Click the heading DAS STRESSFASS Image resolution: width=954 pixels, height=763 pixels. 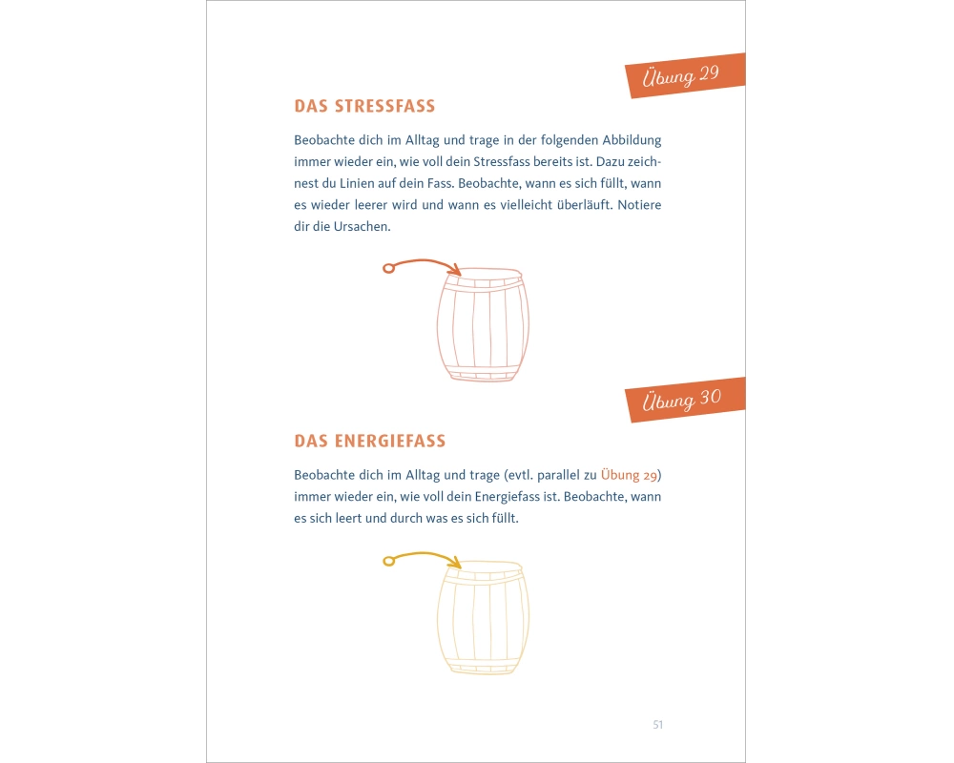[364, 106]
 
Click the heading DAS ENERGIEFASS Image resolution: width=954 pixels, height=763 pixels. [370, 441]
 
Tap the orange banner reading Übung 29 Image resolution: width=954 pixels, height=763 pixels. [686, 75]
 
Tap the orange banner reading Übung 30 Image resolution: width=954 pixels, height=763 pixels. [686, 400]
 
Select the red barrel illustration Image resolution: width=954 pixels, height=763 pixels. [483, 325]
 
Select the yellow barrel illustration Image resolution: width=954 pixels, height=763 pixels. [483, 618]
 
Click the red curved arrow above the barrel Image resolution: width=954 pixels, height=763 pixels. [425, 261]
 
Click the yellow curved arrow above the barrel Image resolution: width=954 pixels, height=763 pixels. [425, 554]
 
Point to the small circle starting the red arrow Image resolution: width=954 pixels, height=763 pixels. [389, 268]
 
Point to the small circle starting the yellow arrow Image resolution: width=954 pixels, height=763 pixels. [389, 561]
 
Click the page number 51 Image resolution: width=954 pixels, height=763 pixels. [657, 724]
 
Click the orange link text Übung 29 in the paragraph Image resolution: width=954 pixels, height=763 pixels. [629, 475]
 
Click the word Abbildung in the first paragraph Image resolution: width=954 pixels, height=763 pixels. [632, 140]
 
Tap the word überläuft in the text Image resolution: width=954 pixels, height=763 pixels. [584, 204]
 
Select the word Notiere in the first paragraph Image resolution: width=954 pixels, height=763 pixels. [639, 204]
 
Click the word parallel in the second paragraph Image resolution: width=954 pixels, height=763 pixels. [558, 475]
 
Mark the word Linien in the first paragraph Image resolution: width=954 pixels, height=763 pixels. [357, 183]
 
